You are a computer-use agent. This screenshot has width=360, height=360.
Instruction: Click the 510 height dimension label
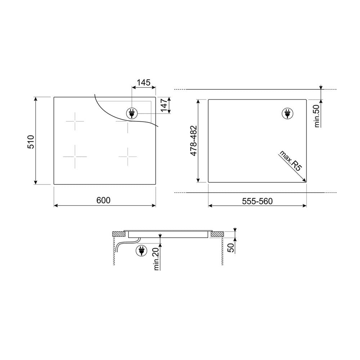(31, 141)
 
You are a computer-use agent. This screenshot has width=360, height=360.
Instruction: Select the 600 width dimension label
(103, 200)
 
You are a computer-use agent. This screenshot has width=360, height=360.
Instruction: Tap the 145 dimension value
(144, 82)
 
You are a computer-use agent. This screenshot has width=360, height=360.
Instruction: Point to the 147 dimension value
(165, 105)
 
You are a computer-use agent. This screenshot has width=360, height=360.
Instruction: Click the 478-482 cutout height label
(194, 141)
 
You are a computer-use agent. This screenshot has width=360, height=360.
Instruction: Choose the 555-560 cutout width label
(257, 201)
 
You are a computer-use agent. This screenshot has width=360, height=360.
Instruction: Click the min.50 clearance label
(317, 116)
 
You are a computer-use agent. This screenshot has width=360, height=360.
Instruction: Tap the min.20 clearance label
(156, 259)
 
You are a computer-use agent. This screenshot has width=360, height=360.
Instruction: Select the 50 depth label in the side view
(231, 248)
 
